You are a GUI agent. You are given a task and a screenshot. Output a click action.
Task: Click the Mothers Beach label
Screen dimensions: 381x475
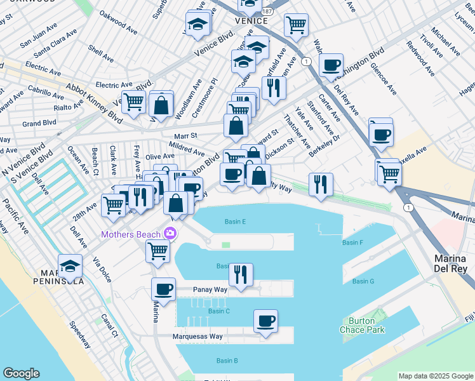[x=131, y=234]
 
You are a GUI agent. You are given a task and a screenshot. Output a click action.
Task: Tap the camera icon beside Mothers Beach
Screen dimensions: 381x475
[x=170, y=234]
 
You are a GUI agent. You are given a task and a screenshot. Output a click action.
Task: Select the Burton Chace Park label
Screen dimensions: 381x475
[x=366, y=325]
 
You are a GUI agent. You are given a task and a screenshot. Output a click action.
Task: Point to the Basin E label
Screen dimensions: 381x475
[x=235, y=222]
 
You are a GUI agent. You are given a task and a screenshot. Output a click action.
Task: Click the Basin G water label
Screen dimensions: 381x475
[x=363, y=281]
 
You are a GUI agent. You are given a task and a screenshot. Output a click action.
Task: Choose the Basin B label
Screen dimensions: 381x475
[x=227, y=361]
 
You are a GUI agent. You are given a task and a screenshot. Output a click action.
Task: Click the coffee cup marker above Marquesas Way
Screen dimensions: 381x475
[x=265, y=321]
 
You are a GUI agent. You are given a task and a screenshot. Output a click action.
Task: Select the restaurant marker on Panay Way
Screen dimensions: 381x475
[x=241, y=274]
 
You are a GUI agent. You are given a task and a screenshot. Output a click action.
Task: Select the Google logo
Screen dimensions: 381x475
[x=21, y=373]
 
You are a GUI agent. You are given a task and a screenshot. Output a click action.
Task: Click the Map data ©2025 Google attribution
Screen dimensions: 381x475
[x=435, y=376]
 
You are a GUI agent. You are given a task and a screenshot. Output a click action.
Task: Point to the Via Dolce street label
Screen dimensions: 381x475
[x=102, y=269]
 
